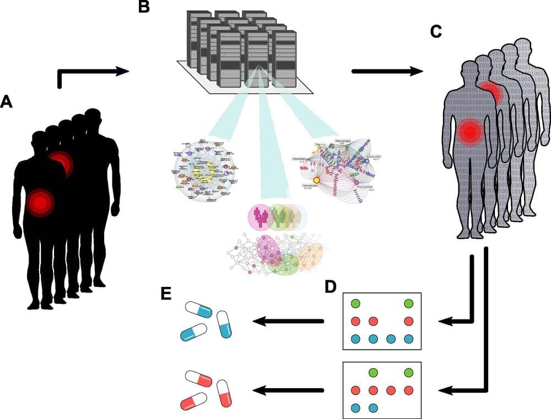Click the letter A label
tap(7, 102)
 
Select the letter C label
tap(436, 32)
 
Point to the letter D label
tap(330, 287)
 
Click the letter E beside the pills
tap(165, 293)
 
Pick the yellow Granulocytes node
tap(317, 179)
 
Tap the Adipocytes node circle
tap(366, 160)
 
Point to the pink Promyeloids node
tap(356, 182)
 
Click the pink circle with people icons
tap(260, 217)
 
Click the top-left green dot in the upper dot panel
tap(356, 303)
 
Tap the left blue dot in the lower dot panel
tap(356, 408)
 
